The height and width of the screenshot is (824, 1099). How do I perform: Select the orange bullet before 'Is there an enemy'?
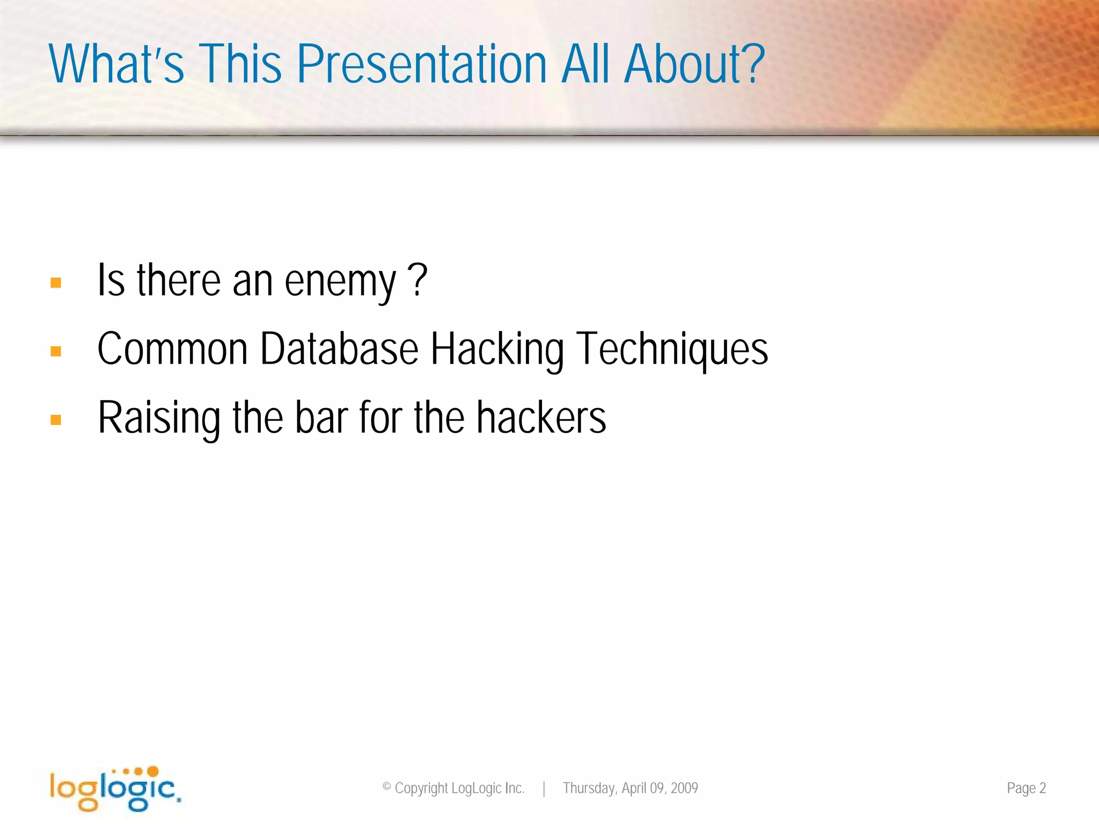(x=56, y=283)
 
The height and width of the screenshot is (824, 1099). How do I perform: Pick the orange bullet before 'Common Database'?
(x=56, y=351)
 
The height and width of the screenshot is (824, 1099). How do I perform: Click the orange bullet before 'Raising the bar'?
(x=56, y=420)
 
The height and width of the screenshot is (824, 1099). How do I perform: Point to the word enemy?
(x=340, y=282)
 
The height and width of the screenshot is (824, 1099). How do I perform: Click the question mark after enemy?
(x=417, y=279)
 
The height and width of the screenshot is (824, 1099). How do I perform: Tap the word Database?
(x=339, y=349)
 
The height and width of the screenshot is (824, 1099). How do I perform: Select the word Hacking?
(x=497, y=350)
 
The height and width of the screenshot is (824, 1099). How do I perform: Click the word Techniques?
(x=672, y=350)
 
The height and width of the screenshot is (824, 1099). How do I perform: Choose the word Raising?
(x=159, y=418)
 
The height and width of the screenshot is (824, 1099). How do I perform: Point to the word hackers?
(x=541, y=417)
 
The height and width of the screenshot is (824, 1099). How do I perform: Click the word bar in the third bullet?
(x=321, y=417)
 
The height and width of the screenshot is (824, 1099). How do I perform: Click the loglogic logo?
(x=115, y=789)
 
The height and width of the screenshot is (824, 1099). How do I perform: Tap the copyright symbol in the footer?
(x=386, y=787)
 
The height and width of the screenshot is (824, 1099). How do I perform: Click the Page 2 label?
(x=1026, y=788)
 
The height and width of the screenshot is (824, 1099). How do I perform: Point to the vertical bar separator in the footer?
(x=544, y=789)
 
